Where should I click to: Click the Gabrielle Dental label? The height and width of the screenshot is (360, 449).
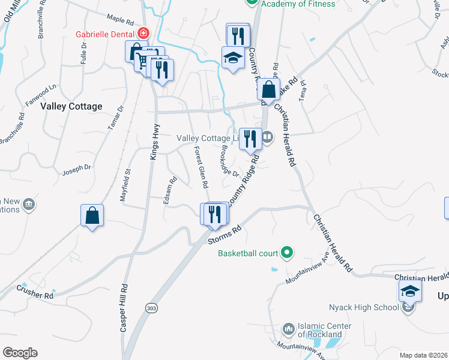[105, 34]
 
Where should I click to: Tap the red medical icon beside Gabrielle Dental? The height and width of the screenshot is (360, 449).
[143, 33]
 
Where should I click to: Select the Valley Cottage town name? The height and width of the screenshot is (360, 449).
[71, 106]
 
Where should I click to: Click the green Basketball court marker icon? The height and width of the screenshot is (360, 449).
[287, 253]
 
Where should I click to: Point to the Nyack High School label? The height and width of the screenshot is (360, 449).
[364, 308]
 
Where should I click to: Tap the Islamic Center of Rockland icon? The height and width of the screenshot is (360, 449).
[289, 329]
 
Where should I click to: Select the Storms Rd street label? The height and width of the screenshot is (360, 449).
[224, 235]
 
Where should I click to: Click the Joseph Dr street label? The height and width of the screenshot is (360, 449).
[76, 170]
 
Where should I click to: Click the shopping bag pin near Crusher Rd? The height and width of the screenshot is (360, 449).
[92, 215]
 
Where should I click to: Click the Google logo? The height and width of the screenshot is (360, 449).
[20, 353]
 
